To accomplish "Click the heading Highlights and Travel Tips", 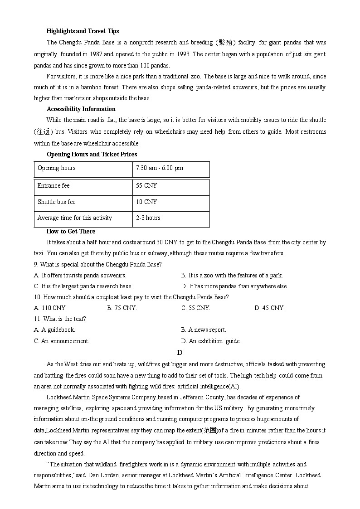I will pos(83,31).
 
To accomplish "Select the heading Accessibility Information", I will pos(81,109).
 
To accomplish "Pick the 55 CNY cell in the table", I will pos(146,186).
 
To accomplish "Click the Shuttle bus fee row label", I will pos(56,202).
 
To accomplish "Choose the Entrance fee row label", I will pos(54,186).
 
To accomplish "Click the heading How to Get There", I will pos(71,232).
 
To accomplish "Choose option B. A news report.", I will pos(203,330).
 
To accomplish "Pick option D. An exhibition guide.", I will pos(210,341).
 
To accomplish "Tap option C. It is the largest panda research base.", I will pos(83,286).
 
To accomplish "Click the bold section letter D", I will pos(180,353).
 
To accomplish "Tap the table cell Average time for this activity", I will pos(74,218).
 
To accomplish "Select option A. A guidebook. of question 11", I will pos(54,330).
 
